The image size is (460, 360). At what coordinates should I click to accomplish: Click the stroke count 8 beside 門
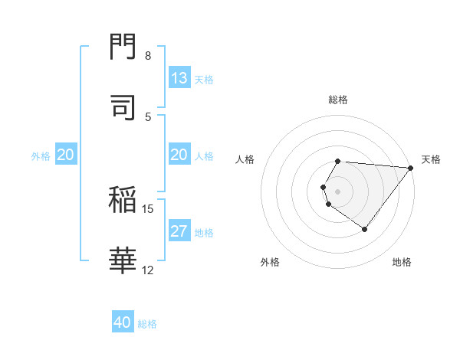(148, 56)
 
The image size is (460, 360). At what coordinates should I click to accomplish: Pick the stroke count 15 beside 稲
(147, 208)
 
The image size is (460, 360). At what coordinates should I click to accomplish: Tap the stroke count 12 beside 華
(147, 270)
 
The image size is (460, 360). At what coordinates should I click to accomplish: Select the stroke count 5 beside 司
(148, 116)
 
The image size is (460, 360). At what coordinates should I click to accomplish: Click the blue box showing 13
(179, 78)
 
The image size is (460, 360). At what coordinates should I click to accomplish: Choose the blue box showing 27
(179, 231)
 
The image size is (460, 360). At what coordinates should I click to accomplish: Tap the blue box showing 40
(123, 322)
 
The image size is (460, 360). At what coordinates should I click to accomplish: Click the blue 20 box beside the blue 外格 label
(66, 155)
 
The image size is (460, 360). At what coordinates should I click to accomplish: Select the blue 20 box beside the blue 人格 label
(179, 155)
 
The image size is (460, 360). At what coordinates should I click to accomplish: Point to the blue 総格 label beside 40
(147, 323)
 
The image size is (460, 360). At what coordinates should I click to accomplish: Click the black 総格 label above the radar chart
(338, 100)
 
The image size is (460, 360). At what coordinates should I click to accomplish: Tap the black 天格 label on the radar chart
(431, 159)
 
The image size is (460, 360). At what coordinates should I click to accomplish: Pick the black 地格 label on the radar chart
(402, 262)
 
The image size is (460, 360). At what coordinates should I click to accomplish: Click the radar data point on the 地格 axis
(364, 229)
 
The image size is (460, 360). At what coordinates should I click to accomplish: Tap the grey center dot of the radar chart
(338, 191)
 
